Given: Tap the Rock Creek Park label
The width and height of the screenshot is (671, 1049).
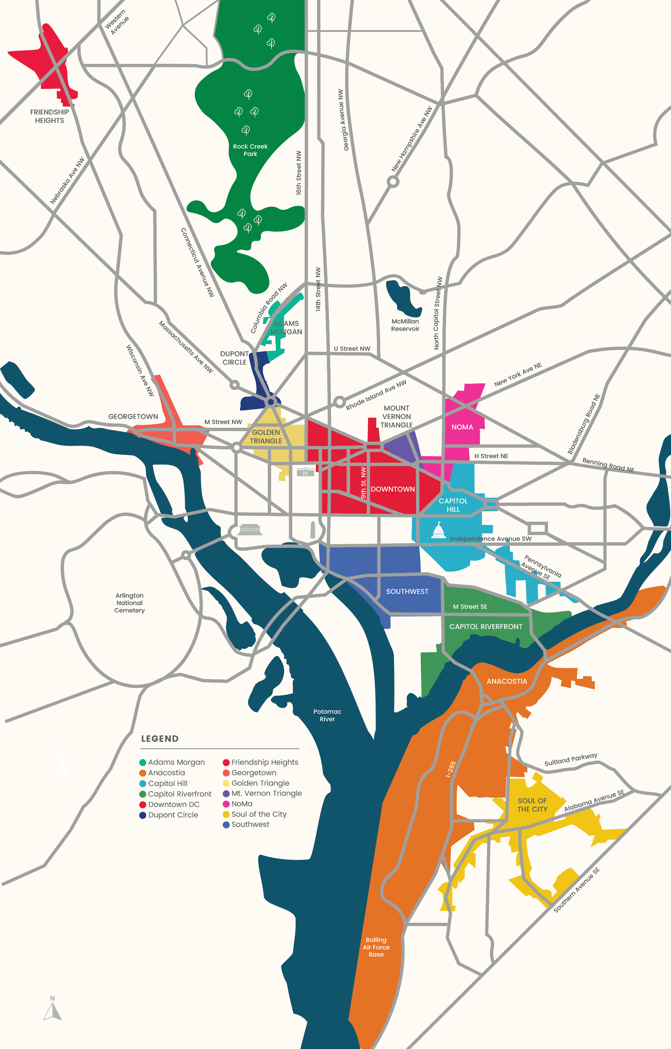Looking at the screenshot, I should click(x=250, y=150).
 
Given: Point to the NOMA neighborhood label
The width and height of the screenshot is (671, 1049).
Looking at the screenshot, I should click(x=462, y=427).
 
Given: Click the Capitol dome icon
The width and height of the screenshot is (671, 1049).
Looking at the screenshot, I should click(x=438, y=531).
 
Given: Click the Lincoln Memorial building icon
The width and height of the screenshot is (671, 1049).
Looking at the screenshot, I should click(x=250, y=529).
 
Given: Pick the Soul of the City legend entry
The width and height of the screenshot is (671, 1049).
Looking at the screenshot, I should click(x=258, y=814).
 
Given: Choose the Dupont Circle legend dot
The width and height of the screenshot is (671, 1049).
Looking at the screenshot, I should click(x=143, y=815).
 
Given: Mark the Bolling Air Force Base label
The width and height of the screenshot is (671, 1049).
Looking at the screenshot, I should click(x=376, y=947).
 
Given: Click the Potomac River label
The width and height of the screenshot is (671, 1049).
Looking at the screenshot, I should click(x=327, y=715).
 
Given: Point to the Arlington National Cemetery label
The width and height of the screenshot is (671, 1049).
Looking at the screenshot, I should click(x=129, y=603).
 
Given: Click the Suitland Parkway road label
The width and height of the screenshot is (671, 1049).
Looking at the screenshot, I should click(x=570, y=760).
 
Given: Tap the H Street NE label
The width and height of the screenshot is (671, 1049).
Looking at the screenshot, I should click(x=491, y=456).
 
